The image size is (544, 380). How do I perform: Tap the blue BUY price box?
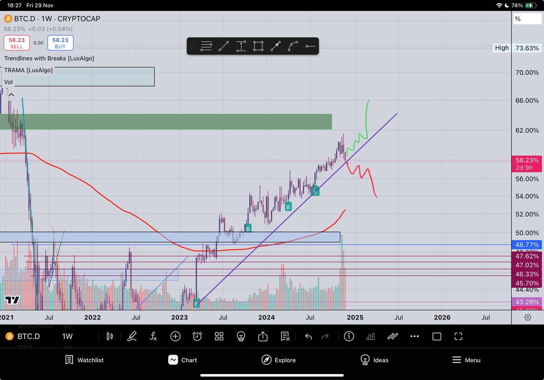coord(60,43)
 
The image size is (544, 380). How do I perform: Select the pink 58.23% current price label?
coord(526,160)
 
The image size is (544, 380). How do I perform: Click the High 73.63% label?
coord(517,48)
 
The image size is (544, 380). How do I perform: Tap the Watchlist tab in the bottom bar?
coord(84,360)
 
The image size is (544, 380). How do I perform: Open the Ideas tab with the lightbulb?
coord(374,360)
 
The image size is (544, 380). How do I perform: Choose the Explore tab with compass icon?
coord(279,360)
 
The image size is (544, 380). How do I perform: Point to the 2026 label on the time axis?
coord(442,317)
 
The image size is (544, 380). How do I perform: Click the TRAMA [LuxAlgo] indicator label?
coord(29,70)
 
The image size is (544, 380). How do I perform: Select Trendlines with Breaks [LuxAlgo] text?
coord(49,58)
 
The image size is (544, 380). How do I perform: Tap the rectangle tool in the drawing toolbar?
coord(258,46)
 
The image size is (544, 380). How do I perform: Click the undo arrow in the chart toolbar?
coord(308,336)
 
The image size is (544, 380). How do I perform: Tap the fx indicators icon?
coord(153,336)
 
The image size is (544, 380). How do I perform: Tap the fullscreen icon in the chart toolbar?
coord(458,336)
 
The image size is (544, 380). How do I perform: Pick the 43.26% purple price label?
coord(526,302)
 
